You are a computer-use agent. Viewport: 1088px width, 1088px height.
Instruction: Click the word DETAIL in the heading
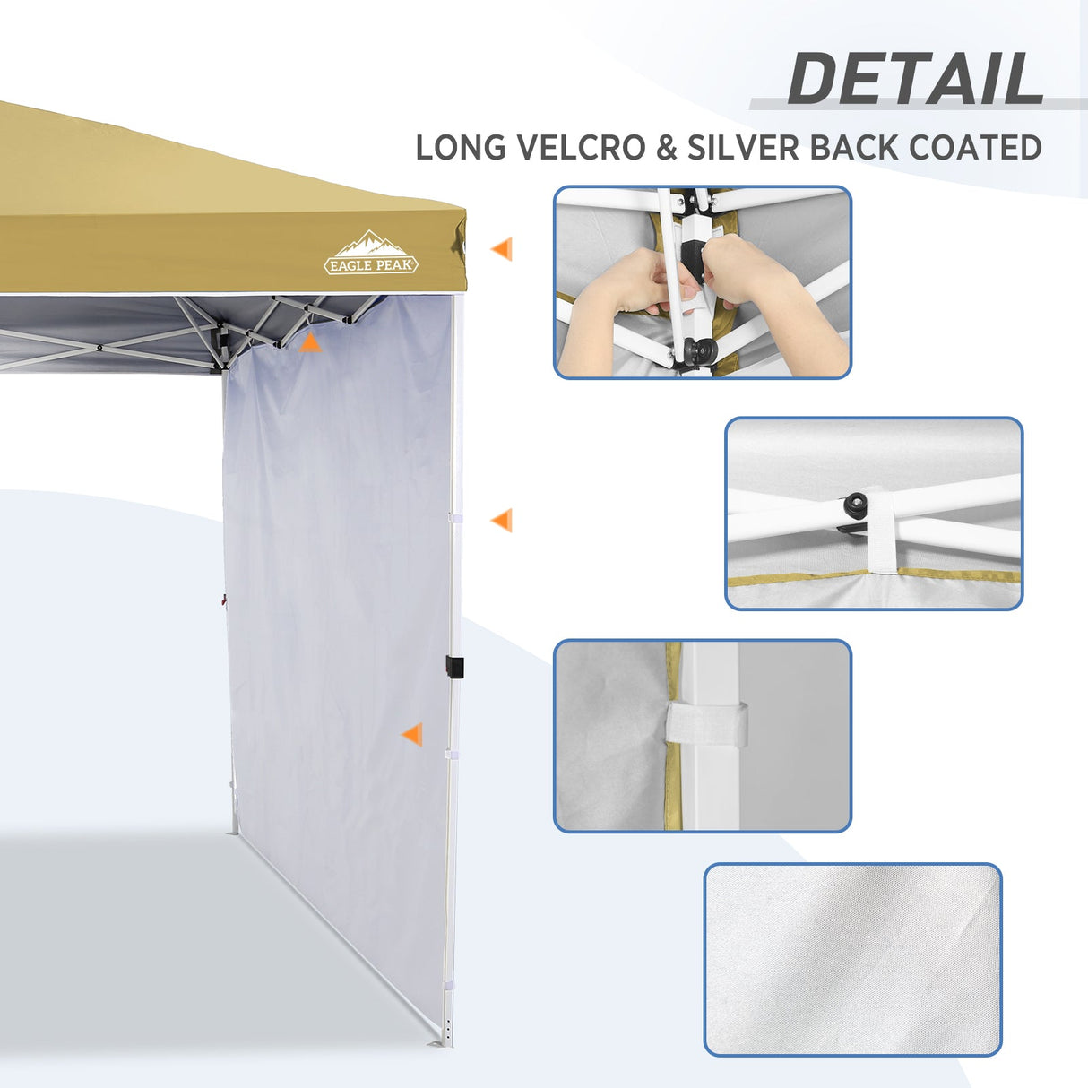[915, 80]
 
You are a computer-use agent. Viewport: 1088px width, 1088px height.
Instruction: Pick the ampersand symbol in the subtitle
[666, 148]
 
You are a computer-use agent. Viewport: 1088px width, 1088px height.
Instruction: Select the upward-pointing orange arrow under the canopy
[309, 341]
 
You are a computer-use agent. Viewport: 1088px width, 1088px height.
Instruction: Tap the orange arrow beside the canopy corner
[502, 249]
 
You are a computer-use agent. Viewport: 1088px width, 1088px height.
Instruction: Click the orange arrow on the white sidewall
[412, 735]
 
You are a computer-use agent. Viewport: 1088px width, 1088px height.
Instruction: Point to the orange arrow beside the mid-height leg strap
[502, 520]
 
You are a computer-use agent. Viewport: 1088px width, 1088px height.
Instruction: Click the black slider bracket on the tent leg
[454, 668]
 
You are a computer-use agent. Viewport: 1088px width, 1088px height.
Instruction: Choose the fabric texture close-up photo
[852, 959]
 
